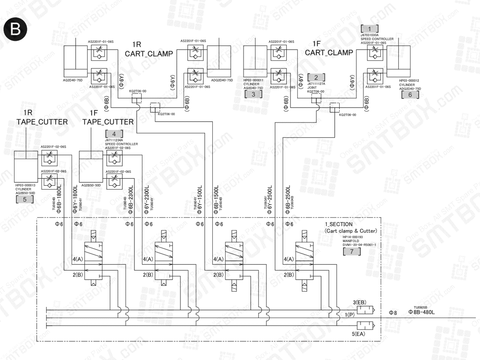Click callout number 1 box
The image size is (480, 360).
pyautogui.click(x=370, y=28)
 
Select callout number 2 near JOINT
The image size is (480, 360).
pyautogui.click(x=316, y=78)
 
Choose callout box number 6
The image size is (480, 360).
pyautogui.click(x=410, y=94)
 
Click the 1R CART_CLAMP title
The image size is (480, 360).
pyautogui.click(x=148, y=49)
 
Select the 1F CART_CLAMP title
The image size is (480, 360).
pyautogui.click(x=329, y=48)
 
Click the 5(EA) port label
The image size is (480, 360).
pyautogui.click(x=359, y=333)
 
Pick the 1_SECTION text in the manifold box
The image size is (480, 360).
pyautogui.click(x=338, y=224)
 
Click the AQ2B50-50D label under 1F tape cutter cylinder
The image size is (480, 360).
pyautogui.click(x=91, y=185)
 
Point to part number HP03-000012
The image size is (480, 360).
pyautogui.click(x=409, y=80)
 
